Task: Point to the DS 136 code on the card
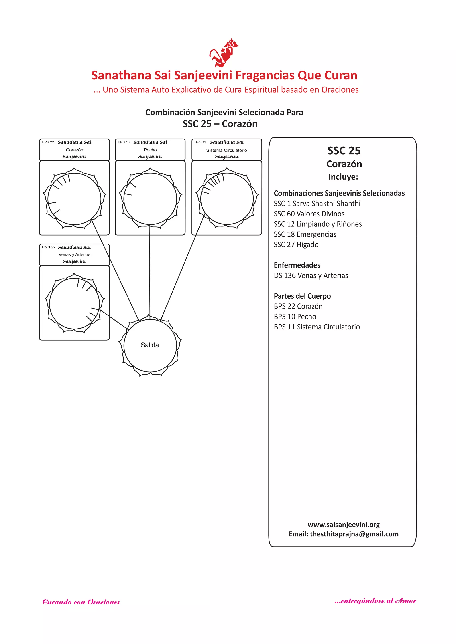[48, 247]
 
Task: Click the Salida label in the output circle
[150, 345]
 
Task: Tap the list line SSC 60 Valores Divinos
[309, 214]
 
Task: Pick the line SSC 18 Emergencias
[305, 234]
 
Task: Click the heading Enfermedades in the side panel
[297, 265]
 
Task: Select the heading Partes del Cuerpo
[302, 296]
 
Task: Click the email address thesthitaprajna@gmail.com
[354, 534]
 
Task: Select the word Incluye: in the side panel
[343, 177]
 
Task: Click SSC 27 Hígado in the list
[296, 244]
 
